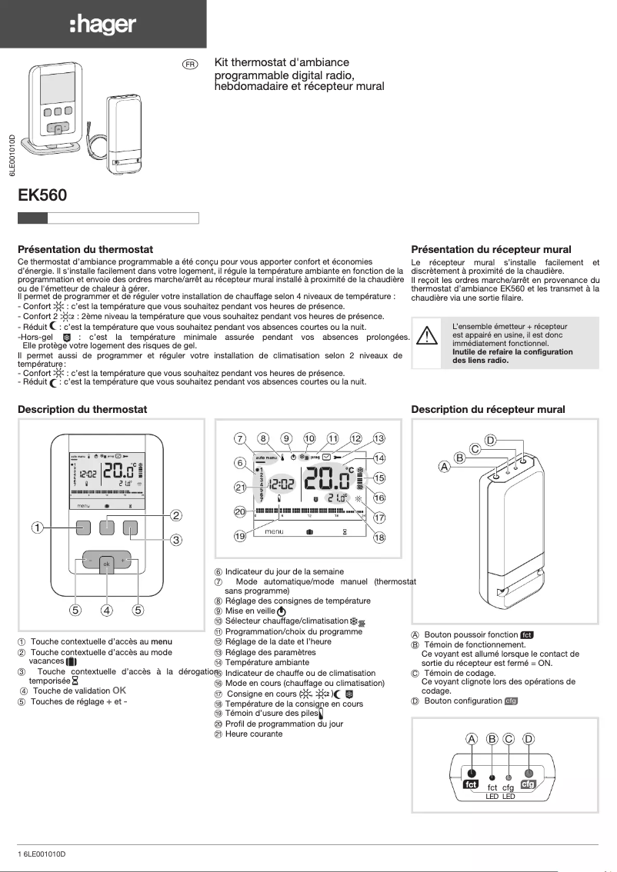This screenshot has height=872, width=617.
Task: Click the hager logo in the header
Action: tap(102, 25)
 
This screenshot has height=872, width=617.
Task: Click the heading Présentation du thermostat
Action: tap(85, 250)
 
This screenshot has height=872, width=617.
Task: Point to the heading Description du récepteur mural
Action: tap(489, 410)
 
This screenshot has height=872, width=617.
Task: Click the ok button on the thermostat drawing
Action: tap(107, 563)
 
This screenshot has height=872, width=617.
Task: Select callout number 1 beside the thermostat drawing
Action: tap(36, 528)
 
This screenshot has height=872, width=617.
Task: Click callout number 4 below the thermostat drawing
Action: tap(107, 611)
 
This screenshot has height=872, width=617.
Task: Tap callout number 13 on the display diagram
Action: tap(379, 438)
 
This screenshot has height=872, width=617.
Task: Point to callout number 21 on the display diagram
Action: tap(240, 487)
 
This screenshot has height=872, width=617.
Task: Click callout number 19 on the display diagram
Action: tap(240, 536)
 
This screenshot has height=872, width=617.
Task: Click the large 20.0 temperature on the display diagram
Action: tap(326, 482)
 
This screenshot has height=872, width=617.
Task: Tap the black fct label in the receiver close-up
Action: tap(471, 785)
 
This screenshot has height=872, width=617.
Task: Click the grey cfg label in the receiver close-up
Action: tap(528, 785)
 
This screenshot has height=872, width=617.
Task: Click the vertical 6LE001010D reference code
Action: tap(12, 157)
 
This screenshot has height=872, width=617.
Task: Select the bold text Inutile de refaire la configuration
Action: tap(512, 351)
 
